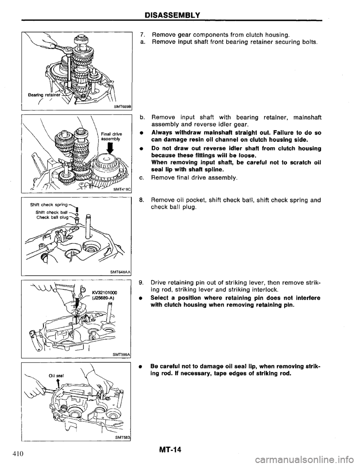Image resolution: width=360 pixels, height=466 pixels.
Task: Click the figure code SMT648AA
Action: tap(118, 272)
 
